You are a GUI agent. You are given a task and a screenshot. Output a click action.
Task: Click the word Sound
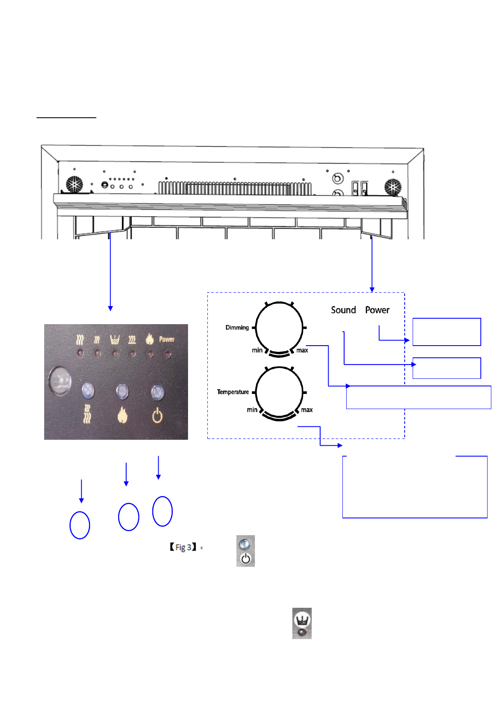click(x=343, y=310)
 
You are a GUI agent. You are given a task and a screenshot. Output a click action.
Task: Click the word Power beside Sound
click(x=377, y=310)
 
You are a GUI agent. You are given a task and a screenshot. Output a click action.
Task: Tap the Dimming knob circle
click(x=279, y=328)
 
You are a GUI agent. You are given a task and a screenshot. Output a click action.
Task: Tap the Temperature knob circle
click(x=279, y=392)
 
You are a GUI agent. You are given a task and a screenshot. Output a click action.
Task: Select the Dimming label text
click(x=237, y=328)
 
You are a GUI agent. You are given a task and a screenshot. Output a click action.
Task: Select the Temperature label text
click(x=233, y=392)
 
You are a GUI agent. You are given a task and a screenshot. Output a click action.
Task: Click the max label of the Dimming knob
click(x=302, y=350)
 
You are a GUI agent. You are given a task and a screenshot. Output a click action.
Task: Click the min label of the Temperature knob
click(x=252, y=410)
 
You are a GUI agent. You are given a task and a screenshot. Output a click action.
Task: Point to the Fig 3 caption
click(x=183, y=547)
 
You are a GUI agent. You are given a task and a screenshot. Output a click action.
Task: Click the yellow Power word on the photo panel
click(x=167, y=339)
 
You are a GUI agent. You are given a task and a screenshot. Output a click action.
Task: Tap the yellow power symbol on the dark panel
click(x=157, y=416)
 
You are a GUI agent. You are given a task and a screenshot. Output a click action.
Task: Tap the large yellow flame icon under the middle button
click(x=122, y=415)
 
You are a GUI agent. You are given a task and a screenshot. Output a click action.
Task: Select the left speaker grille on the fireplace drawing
click(x=75, y=185)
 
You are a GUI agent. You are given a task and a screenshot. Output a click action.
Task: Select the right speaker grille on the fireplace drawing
click(x=392, y=187)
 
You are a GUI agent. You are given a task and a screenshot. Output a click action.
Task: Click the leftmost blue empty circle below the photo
click(x=80, y=525)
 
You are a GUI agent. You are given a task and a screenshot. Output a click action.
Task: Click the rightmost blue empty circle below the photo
click(x=162, y=511)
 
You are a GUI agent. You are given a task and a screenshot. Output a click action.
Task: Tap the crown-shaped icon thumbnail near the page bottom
click(x=302, y=623)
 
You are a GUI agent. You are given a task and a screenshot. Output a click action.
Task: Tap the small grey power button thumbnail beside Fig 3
click(x=246, y=551)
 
